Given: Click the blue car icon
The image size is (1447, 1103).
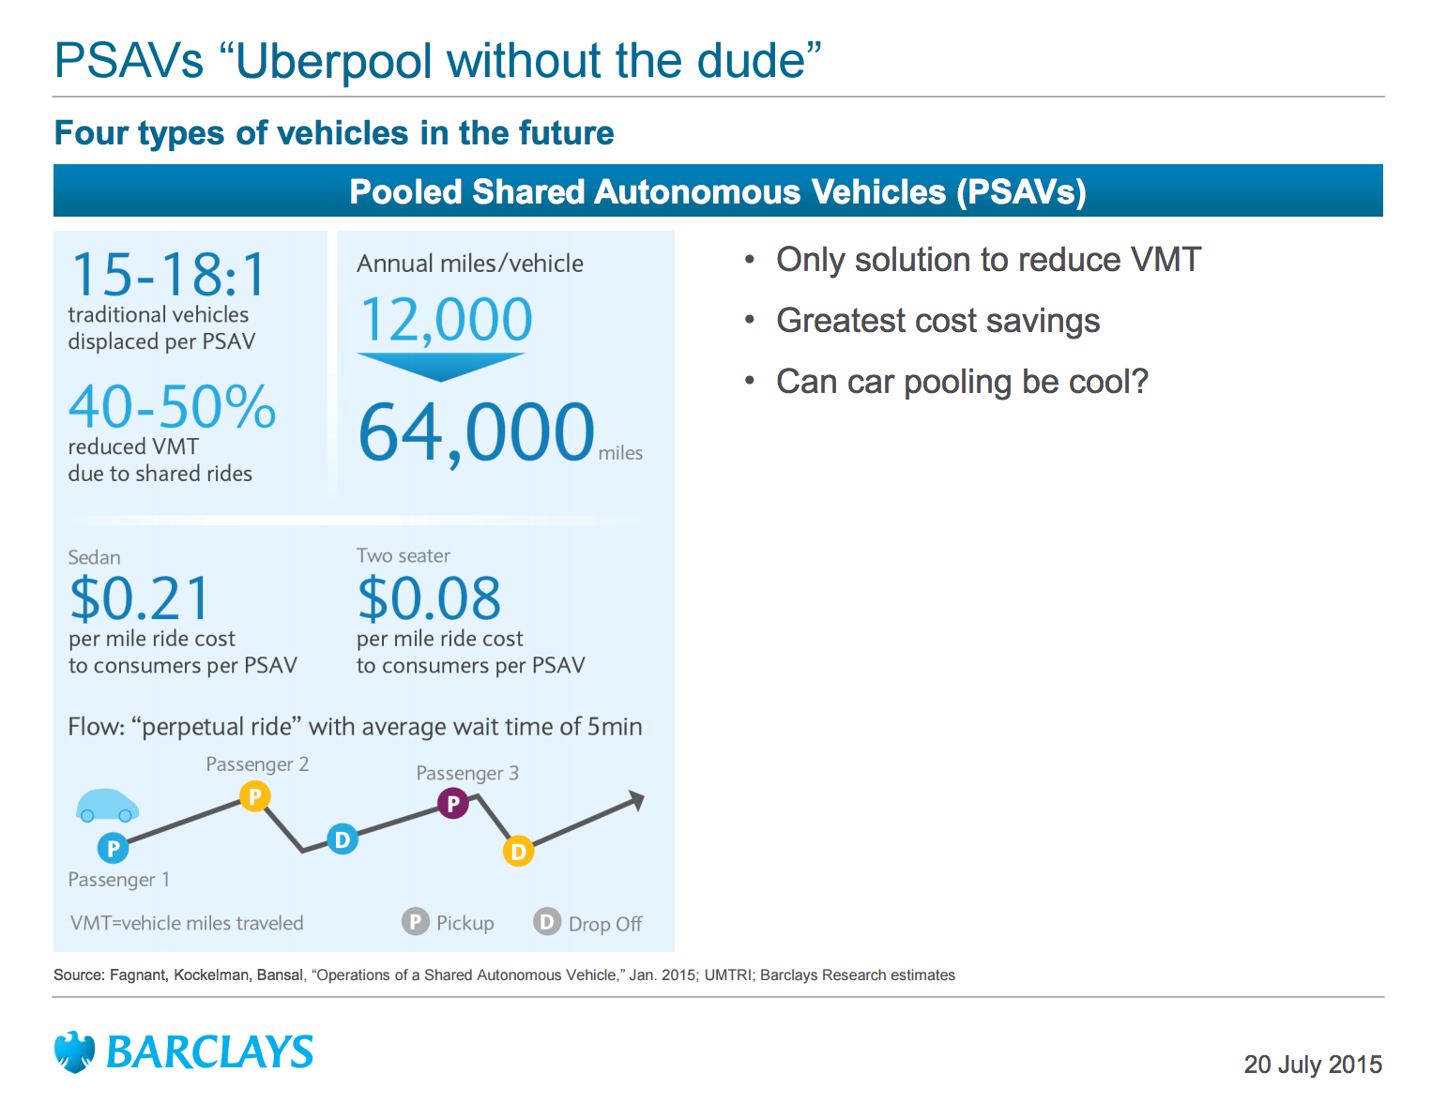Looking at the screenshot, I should tap(107, 806).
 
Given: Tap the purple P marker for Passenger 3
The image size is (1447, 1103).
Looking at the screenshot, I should tap(453, 803).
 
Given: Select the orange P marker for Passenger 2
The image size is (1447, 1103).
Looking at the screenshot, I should tap(254, 796).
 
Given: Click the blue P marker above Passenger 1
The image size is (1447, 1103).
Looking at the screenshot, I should tap(113, 848).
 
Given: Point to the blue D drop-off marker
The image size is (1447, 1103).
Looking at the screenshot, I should tap(343, 839).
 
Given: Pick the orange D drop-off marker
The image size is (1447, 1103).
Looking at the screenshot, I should tap(518, 851).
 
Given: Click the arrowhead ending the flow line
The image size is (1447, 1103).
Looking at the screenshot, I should tap(637, 800).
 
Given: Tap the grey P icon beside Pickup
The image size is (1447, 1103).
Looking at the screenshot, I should tap(415, 922).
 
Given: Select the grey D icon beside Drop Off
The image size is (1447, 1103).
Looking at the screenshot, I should tap(546, 922).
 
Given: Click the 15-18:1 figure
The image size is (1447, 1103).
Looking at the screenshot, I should tap(170, 275).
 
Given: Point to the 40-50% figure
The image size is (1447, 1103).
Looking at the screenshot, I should tap(172, 407).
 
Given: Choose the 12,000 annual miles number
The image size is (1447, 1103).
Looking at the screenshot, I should tap(446, 319).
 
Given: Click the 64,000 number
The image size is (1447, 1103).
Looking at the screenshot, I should tap(476, 431).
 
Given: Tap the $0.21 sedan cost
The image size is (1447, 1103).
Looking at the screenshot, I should tap(140, 598).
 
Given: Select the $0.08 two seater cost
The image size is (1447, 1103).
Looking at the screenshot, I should tap(429, 598).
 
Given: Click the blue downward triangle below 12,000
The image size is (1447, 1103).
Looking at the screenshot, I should tap(440, 366).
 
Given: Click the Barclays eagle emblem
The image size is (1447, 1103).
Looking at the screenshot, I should tap(74, 1051).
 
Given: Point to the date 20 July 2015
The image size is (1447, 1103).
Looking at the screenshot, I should tap(1312, 1065).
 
